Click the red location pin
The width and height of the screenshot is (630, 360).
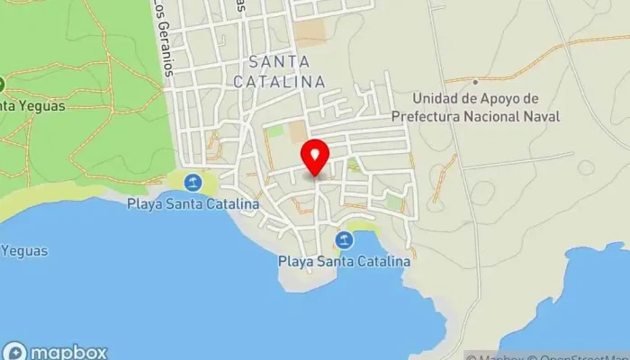click(315, 157)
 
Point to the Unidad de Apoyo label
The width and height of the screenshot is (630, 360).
click(475, 98)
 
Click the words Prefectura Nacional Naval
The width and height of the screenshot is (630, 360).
click(475, 116)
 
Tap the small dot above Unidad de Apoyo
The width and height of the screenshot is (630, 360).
click(475, 82)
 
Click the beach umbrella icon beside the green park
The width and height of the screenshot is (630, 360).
click(193, 184)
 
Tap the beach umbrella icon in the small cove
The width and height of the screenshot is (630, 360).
click(343, 240)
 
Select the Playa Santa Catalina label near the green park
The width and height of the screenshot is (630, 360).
click(193, 204)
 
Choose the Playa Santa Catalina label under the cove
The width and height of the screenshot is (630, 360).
click(343, 261)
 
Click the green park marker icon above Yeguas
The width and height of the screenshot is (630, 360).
click(2, 85)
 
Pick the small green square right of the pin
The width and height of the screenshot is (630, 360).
click(354, 166)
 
